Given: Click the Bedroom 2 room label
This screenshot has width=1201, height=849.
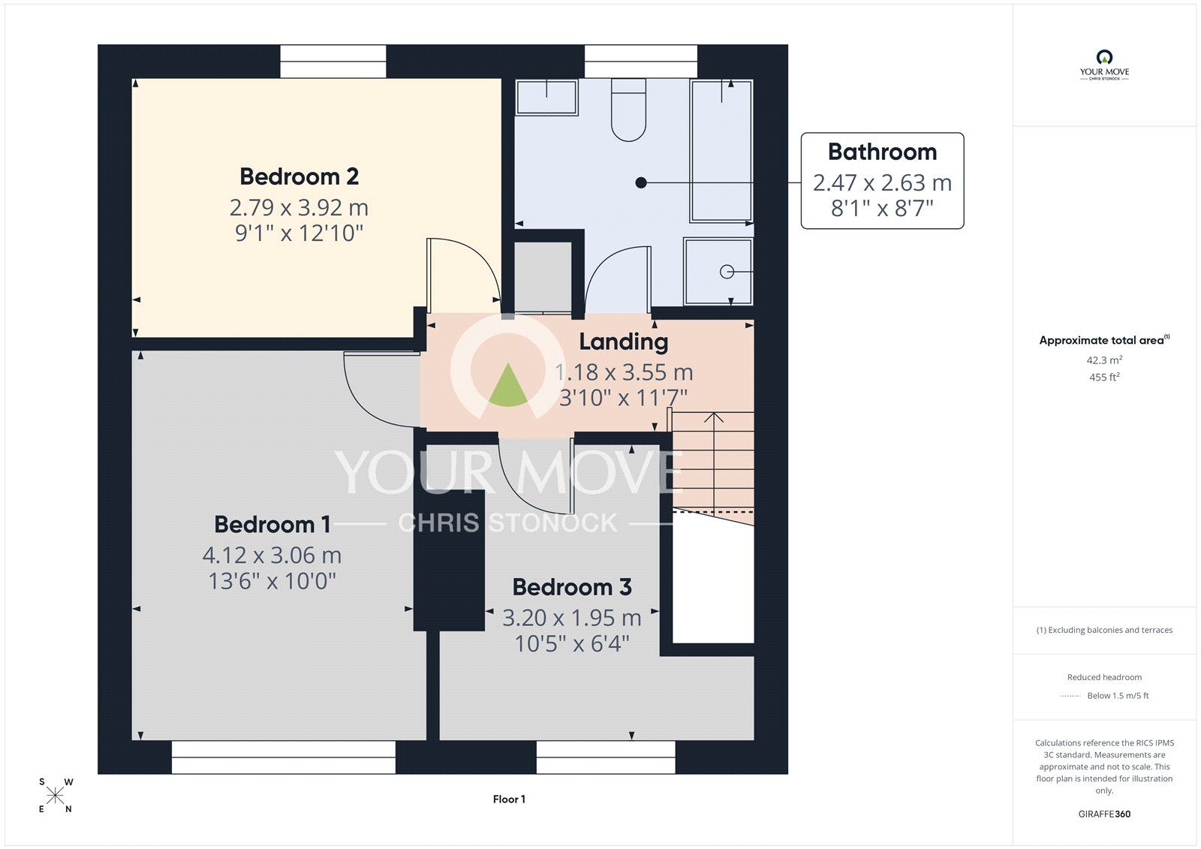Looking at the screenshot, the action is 299,176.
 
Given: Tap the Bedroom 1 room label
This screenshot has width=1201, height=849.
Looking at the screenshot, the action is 272,524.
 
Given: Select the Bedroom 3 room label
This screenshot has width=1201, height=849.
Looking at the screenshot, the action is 572,587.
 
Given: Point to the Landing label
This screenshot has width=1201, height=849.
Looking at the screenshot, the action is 624,342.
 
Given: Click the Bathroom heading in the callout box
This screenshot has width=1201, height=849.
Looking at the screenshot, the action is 883,152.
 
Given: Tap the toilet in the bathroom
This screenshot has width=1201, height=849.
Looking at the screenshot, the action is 628,110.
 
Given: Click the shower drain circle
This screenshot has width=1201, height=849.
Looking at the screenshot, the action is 727,272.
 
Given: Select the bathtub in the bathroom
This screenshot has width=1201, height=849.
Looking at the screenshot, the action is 721,151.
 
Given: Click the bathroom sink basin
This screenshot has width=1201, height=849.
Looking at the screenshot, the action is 546,97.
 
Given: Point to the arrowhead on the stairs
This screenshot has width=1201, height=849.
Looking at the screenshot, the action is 713,417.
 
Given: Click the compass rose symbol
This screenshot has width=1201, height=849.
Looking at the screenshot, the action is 56,795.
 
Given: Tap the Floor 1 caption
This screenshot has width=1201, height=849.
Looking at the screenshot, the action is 509,799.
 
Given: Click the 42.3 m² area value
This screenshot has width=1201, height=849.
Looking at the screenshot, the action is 1104,360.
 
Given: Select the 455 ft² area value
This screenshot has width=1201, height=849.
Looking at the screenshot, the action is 1104,377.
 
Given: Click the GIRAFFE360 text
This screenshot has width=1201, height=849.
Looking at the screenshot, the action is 1104,814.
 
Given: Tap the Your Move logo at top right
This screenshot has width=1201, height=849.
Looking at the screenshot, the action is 1104,65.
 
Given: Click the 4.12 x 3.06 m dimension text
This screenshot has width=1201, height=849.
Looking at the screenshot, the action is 272,555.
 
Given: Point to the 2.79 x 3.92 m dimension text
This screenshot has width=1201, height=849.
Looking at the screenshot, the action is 299,207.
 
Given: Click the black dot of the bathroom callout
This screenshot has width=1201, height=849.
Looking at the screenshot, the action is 641,183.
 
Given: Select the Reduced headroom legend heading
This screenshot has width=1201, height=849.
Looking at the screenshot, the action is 1104,677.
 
